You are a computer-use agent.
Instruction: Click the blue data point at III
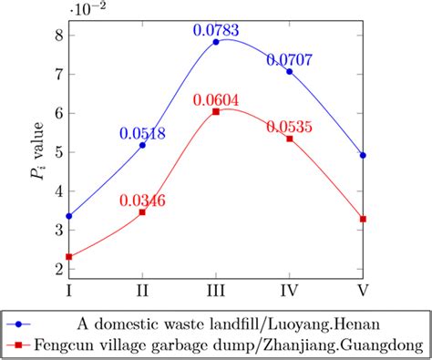[216, 42]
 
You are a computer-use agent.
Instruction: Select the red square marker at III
[216, 111]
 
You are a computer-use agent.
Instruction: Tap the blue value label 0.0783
[216, 30]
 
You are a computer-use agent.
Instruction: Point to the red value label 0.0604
[216, 98]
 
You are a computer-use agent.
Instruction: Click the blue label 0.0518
[142, 134]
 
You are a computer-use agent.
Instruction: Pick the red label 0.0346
[142, 201]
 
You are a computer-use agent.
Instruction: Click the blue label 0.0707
[290, 60]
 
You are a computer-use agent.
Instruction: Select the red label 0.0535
[290, 128]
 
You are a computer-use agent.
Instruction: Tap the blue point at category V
[364, 155]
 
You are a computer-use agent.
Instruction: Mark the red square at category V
[364, 219]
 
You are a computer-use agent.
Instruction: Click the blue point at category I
[69, 216]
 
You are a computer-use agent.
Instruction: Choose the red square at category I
[69, 257]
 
